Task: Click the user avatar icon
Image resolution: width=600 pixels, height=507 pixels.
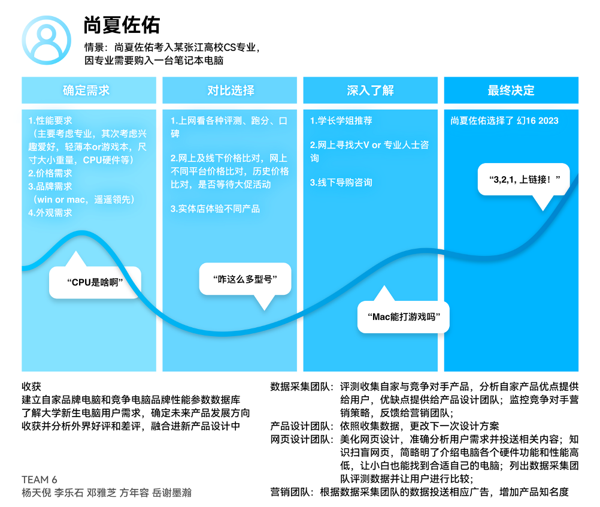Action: click(x=46, y=40)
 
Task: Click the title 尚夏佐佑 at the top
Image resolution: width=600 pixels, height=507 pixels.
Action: click(x=122, y=25)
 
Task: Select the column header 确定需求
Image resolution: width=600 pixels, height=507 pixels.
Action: click(x=86, y=90)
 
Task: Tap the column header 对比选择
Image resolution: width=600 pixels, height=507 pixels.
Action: click(x=231, y=90)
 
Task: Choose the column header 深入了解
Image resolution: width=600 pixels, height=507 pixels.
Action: click(x=371, y=90)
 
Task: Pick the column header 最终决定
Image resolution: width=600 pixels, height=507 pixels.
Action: click(x=511, y=90)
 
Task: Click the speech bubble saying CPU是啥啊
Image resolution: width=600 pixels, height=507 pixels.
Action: click(x=95, y=282)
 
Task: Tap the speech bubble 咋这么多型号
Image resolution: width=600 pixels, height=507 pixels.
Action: click(x=246, y=279)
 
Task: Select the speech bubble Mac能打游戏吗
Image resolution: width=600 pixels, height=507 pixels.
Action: click(x=404, y=316)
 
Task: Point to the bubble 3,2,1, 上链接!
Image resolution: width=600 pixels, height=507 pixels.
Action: click(x=524, y=179)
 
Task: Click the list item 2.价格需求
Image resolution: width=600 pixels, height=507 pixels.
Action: click(x=50, y=173)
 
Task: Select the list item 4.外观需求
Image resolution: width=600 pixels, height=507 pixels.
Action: click(x=50, y=213)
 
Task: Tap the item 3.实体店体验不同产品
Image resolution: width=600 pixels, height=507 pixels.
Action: click(x=215, y=209)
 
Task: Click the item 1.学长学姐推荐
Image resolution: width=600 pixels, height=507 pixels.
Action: click(x=341, y=120)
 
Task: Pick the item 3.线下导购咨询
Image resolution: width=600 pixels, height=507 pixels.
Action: click(x=341, y=182)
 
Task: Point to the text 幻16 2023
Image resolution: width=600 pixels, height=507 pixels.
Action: click(x=537, y=120)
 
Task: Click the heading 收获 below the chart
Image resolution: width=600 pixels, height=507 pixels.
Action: click(x=31, y=387)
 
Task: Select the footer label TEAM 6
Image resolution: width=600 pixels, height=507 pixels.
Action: click(x=40, y=479)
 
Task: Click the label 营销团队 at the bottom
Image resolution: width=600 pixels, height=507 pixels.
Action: click(x=290, y=492)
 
